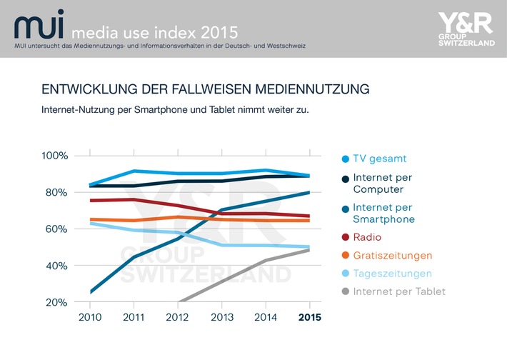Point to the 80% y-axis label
point(56,192)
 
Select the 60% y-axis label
point(56,229)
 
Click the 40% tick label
point(56,266)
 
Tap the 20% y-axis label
point(56,302)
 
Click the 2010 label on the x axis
point(89,316)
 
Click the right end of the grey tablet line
point(308,250)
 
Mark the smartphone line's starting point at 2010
point(89,291)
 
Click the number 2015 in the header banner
point(216,33)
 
